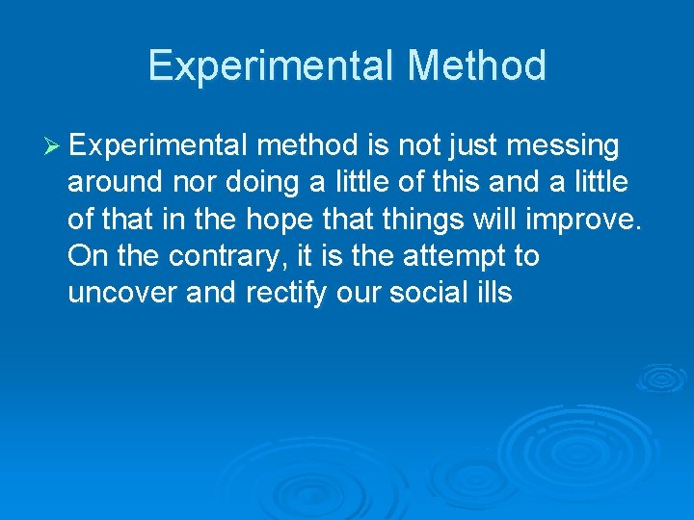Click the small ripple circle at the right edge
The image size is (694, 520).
coord(662,377)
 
